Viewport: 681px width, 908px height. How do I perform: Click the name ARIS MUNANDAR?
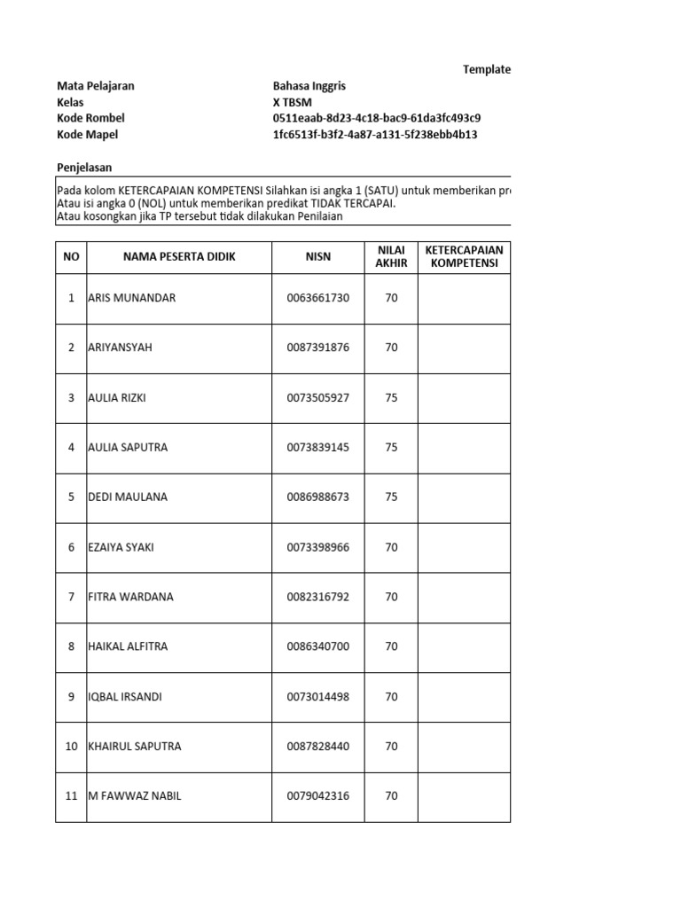pyautogui.click(x=132, y=298)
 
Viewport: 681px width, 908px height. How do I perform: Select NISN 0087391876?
pyautogui.click(x=318, y=348)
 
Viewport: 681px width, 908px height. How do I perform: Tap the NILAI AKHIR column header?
pyautogui.click(x=391, y=256)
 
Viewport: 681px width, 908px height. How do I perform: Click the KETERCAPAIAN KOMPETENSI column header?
pyautogui.click(x=464, y=256)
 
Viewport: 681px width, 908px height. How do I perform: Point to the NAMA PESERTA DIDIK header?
pyautogui.click(x=179, y=256)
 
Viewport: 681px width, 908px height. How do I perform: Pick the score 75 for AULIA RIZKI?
pyautogui.click(x=391, y=397)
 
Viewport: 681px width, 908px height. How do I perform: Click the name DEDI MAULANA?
pyautogui.click(x=128, y=497)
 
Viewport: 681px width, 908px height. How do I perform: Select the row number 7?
pyautogui.click(x=71, y=597)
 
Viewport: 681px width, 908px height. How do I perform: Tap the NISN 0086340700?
pyautogui.click(x=318, y=646)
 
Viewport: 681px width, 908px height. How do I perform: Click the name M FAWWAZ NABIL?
pyautogui.click(x=135, y=796)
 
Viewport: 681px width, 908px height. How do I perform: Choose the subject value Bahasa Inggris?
pyautogui.click(x=309, y=86)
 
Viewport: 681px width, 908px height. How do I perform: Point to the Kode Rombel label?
pyautogui.click(x=90, y=118)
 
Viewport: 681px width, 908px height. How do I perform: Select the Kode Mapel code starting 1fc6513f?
pyautogui.click(x=376, y=135)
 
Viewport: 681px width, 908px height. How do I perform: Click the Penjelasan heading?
pyautogui.click(x=84, y=168)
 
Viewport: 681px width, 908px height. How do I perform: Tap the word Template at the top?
pyautogui.click(x=487, y=69)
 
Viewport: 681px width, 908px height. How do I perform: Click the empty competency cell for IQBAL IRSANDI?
pyautogui.click(x=464, y=697)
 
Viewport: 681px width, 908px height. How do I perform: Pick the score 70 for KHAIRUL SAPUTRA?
pyautogui.click(x=391, y=747)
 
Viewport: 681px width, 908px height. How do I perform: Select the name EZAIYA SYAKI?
pyautogui.click(x=121, y=547)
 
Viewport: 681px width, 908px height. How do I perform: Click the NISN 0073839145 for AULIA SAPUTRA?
pyautogui.click(x=318, y=448)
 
